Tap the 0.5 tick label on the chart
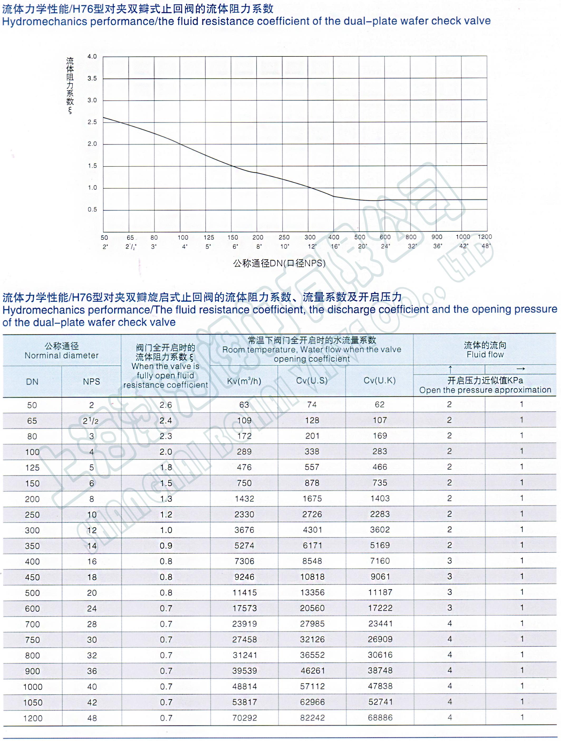pyautogui.click(x=92, y=210)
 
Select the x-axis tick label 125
pyautogui.click(x=209, y=237)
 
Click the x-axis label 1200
pyautogui.click(x=485, y=237)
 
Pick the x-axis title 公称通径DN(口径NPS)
pyautogui.click(x=279, y=263)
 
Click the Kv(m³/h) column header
pyautogui.click(x=244, y=381)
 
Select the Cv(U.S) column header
pyautogui.click(x=312, y=381)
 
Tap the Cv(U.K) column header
pyautogui.click(x=380, y=381)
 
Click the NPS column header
pyautogui.click(x=91, y=381)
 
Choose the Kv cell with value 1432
pyautogui.click(x=244, y=499)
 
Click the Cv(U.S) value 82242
pyautogui.click(x=312, y=718)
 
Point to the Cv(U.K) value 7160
pyautogui.click(x=380, y=561)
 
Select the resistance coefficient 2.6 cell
pyautogui.click(x=166, y=405)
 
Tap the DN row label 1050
pyautogui.click(x=33, y=702)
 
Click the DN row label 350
pyautogui.click(x=32, y=546)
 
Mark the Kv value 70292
pyautogui.click(x=245, y=718)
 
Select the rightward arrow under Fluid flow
pyautogui.click(x=520, y=369)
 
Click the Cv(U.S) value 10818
pyautogui.click(x=312, y=577)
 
